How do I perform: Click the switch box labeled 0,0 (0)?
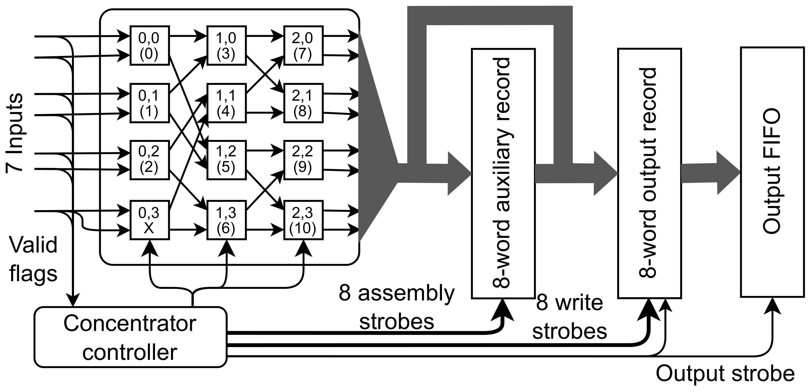point(149,46)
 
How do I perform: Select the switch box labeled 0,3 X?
point(149,220)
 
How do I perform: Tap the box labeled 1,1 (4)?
point(226,103)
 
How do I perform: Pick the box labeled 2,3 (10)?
point(303,220)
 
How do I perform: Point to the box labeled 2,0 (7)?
point(303,46)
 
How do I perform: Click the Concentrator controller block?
point(130,337)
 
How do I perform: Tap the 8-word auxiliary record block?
point(503,173)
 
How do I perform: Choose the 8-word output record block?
point(649,173)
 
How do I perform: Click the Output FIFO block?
point(772,172)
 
